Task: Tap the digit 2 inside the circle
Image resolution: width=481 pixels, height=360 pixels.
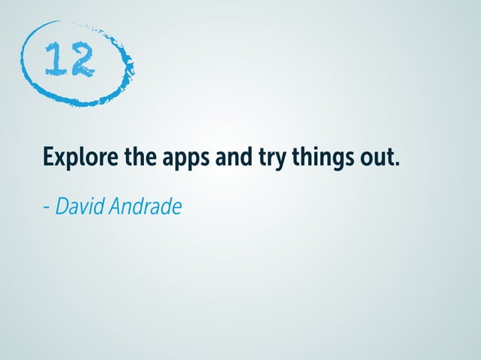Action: [x=81, y=60]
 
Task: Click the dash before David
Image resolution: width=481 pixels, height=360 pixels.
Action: [x=46, y=206]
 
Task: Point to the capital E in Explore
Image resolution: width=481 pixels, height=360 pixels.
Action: [x=49, y=159]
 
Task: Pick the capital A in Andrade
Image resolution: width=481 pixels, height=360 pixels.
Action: [x=115, y=204]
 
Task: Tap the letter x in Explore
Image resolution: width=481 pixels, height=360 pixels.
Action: [x=62, y=161]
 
